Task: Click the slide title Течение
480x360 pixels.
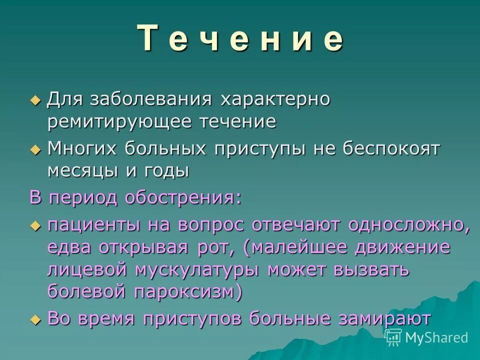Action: point(240,39)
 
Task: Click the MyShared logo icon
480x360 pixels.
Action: point(393,337)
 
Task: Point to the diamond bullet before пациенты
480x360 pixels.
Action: point(35,225)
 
